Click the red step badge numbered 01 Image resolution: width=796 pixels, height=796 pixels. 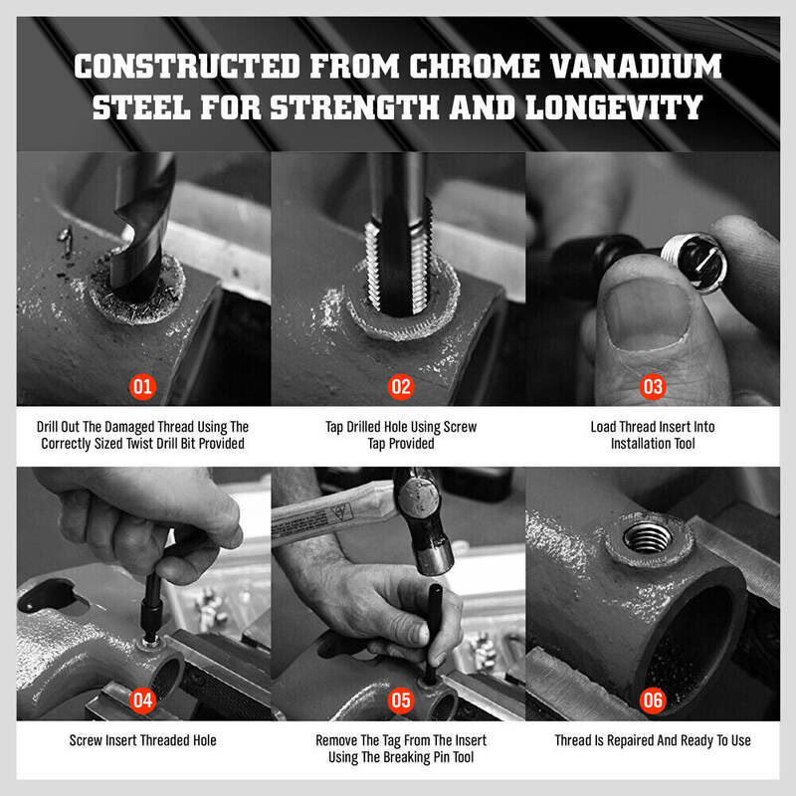(142, 387)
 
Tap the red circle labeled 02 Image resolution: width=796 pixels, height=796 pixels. (401, 387)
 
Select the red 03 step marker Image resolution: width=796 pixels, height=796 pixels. (653, 387)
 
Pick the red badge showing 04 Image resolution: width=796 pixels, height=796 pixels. (142, 700)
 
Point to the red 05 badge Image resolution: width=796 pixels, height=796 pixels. (401, 700)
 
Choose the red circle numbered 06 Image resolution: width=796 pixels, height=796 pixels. (653, 700)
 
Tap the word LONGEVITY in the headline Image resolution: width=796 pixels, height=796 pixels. (614, 107)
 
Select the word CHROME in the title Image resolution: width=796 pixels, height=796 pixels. (475, 67)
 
